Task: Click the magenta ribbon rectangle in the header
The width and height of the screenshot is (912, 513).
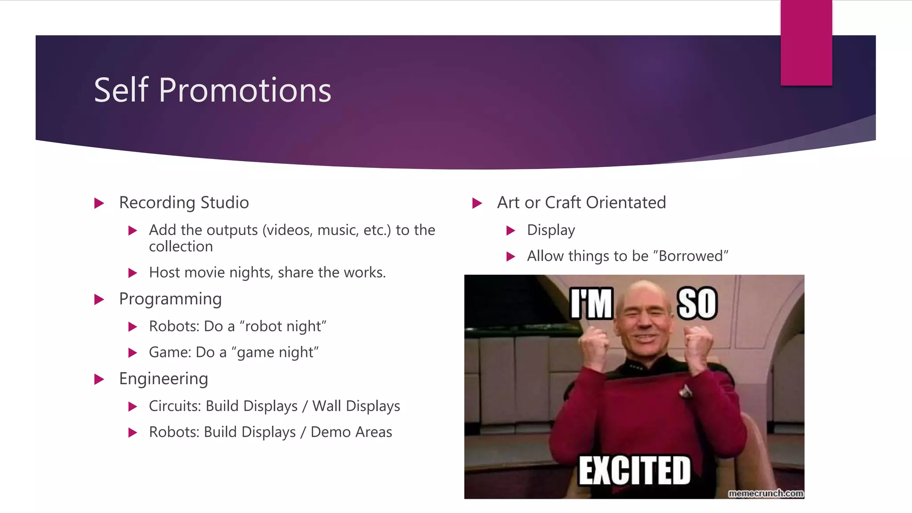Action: click(806, 42)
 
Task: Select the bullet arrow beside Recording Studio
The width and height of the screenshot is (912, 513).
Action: click(99, 204)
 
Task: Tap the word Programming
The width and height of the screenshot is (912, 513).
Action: click(170, 299)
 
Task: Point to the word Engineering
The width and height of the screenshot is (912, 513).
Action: click(163, 379)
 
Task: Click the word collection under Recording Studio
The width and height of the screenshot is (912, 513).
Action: click(181, 247)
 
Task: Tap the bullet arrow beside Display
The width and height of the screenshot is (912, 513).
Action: click(511, 231)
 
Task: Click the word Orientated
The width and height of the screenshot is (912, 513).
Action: click(626, 203)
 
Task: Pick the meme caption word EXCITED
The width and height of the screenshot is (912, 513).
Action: click(635, 470)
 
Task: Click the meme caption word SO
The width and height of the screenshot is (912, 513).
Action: click(697, 304)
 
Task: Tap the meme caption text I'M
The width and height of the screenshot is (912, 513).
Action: click(592, 304)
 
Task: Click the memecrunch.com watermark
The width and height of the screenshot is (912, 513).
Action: click(765, 493)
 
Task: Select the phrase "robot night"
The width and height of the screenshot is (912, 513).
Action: click(283, 326)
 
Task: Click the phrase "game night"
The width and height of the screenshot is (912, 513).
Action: click(275, 353)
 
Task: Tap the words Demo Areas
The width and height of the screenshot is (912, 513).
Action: click(351, 432)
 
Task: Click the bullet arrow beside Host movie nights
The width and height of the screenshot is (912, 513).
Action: click(132, 273)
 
